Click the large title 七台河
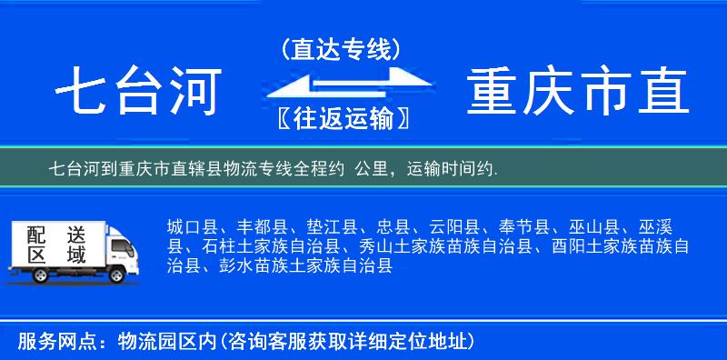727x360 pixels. tap(138, 93)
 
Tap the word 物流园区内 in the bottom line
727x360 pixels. tap(163, 342)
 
